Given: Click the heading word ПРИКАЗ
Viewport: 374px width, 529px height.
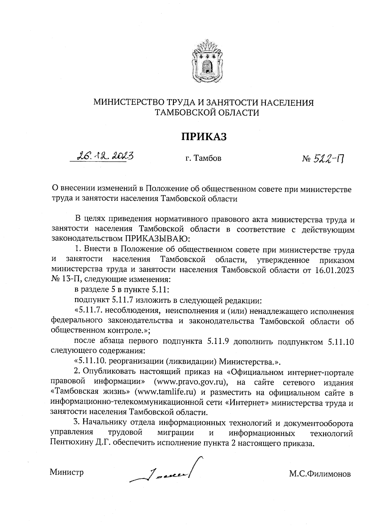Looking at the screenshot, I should coord(204,137).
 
